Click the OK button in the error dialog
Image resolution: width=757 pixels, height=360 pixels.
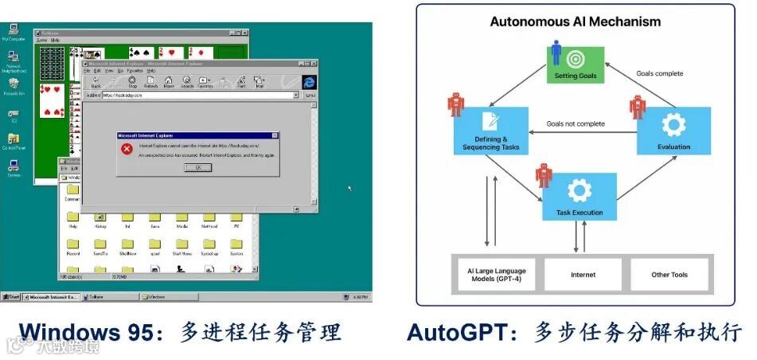(197, 167)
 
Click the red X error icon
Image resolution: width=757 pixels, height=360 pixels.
(126, 149)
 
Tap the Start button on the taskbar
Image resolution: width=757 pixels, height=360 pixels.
(11, 297)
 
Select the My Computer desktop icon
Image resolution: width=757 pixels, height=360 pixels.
(13, 32)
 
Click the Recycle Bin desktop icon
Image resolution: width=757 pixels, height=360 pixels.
(13, 85)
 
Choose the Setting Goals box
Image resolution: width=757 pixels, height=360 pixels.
(575, 63)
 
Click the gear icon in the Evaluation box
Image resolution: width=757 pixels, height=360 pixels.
(673, 124)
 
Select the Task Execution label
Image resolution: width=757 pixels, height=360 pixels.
(579, 213)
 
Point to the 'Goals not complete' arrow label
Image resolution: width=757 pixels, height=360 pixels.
(576, 123)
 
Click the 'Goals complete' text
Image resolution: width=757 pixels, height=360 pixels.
(659, 73)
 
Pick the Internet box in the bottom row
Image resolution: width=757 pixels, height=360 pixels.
(583, 275)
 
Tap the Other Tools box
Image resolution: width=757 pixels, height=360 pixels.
(669, 275)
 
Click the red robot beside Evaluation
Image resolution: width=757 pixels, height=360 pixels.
(638, 107)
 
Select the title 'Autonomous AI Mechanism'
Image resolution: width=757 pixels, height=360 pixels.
(576, 22)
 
